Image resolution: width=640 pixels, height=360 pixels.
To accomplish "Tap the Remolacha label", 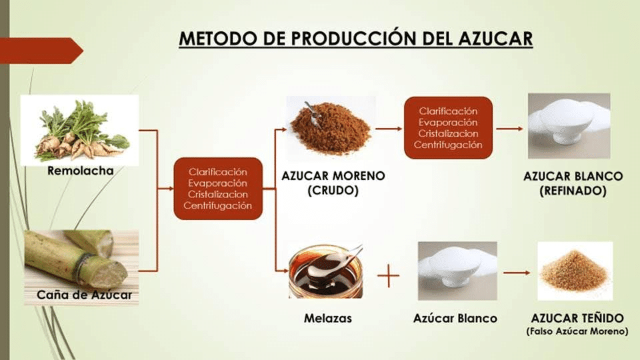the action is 81,171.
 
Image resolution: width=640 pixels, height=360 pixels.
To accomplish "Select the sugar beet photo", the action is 79,130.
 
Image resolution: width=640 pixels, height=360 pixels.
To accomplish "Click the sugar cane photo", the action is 81,267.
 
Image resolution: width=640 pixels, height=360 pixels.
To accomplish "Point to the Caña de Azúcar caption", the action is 84,295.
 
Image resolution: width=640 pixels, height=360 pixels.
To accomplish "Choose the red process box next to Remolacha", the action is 218,189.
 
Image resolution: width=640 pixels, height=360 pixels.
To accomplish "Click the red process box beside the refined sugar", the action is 448,128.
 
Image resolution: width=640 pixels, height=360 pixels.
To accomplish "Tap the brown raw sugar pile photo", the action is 331,127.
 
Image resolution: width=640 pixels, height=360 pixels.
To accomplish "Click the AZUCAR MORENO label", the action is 333,176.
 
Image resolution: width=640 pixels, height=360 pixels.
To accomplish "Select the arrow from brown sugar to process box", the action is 389,129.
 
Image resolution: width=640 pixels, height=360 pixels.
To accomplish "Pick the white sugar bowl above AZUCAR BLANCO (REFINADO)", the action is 569,126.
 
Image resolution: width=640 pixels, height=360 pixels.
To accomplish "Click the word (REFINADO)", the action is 573,191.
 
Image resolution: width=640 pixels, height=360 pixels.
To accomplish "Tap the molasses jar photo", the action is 326,271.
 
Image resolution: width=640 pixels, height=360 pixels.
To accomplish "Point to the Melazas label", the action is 328,319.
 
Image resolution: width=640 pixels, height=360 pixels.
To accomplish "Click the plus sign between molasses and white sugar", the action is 388,276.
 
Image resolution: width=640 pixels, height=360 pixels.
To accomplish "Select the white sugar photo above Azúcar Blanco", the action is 457,271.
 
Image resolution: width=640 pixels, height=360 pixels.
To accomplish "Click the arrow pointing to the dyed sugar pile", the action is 517,273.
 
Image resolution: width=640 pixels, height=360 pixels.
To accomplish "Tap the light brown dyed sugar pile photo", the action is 575,271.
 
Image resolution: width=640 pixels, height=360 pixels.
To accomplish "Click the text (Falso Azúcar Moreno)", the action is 577,331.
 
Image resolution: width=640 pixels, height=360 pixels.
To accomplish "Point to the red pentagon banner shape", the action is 41,51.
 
